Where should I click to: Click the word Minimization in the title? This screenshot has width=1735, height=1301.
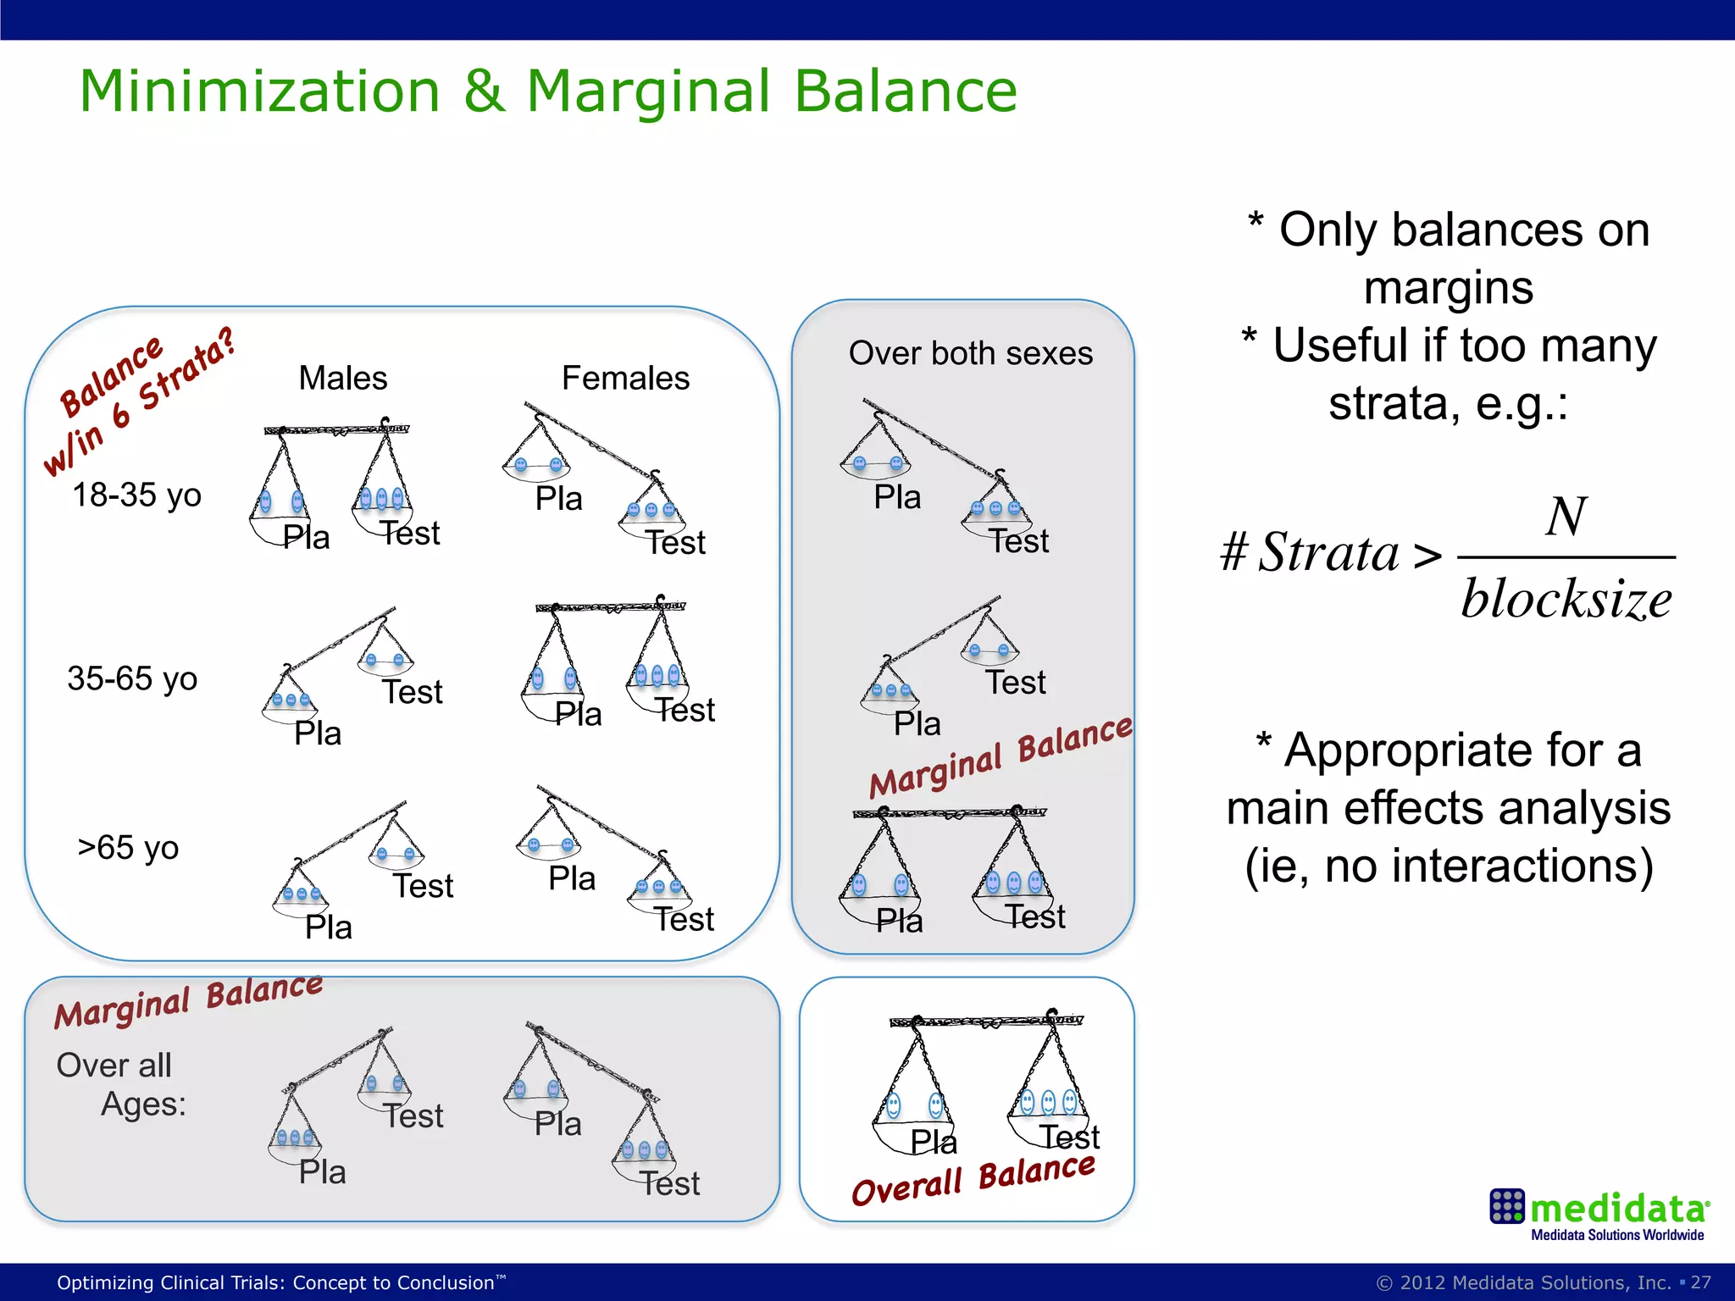[x=259, y=91]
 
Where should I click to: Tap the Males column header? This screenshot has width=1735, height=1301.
[x=342, y=378]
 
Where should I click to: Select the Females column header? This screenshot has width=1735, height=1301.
[x=625, y=378]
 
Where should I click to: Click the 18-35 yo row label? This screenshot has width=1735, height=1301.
[x=136, y=495]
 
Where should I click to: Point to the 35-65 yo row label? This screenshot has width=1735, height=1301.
[x=132, y=678]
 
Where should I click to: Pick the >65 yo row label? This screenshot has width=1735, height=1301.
[x=128, y=848]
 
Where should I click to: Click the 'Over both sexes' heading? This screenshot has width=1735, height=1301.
[x=970, y=353]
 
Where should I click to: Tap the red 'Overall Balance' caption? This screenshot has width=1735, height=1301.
[x=973, y=1180]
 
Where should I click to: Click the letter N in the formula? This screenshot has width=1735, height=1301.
[x=1566, y=517]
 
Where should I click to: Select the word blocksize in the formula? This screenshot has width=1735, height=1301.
[x=1566, y=600]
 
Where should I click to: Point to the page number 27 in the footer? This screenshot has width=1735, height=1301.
[x=1700, y=1282]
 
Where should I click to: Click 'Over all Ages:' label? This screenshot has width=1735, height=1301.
[x=120, y=1084]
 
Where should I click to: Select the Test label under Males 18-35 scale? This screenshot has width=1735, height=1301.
[x=410, y=534]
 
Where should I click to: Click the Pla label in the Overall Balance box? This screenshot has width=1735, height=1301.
[x=934, y=1142]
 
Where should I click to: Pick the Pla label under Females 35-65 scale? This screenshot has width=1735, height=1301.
[x=578, y=714]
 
